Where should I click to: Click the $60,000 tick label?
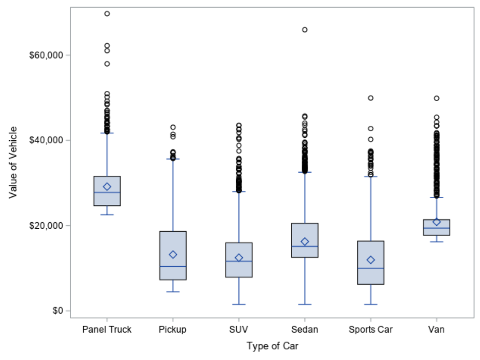click(42, 55)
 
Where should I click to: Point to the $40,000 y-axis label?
click(42, 140)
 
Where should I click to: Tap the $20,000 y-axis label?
click(42, 225)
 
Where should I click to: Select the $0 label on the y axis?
click(49, 311)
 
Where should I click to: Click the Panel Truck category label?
click(107, 330)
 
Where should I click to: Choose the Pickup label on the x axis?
click(173, 330)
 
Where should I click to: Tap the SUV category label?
click(239, 330)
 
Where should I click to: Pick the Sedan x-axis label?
click(305, 330)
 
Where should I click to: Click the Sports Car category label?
click(370, 330)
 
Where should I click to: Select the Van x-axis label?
click(437, 330)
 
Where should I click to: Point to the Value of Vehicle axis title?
click(14, 162)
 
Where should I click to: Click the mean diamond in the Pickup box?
click(173, 254)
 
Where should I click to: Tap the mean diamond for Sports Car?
click(371, 260)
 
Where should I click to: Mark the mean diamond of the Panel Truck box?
click(107, 187)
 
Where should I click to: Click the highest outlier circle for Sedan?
click(305, 30)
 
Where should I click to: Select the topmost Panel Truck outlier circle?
click(107, 14)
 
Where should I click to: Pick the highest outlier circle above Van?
click(437, 98)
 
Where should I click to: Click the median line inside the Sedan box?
click(305, 246)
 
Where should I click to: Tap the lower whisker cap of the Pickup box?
click(173, 292)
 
